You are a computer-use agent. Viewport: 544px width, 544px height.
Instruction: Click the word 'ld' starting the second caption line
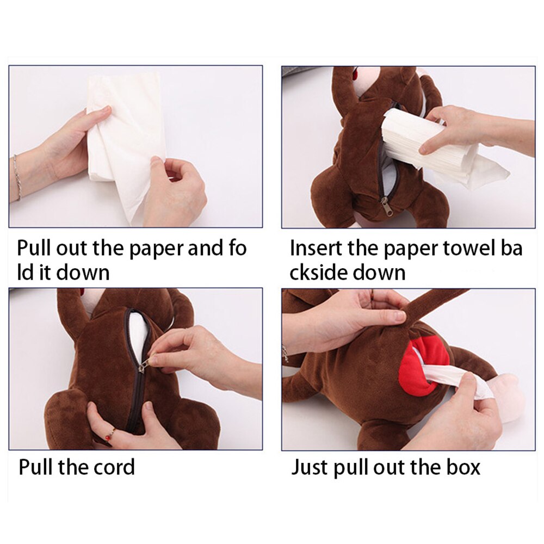coord(25,273)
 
